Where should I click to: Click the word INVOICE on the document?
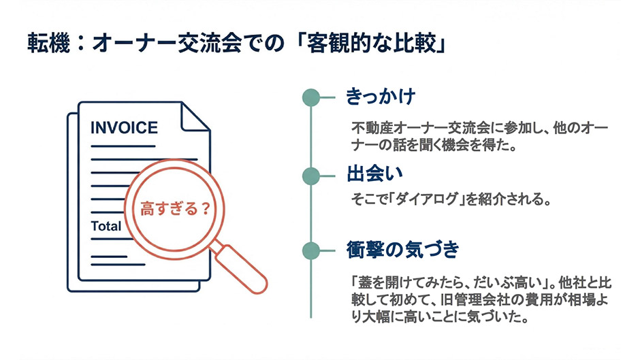point(124,128)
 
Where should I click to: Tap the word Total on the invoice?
point(106,226)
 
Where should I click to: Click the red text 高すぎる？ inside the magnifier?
point(176,208)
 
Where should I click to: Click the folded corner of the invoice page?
point(195,117)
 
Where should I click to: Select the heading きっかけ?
point(381,97)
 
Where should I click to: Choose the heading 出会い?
point(374,174)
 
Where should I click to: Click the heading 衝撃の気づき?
point(402,249)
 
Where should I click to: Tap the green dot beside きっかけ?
point(311,97)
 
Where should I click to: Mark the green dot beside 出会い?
point(311,176)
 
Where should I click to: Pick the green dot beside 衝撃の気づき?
point(311,250)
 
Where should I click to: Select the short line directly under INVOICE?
point(123,146)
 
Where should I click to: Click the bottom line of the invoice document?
point(118,265)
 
